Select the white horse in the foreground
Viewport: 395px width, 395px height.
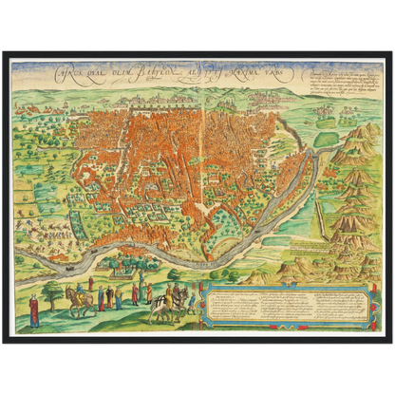[168, 306]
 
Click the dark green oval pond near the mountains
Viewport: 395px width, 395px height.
[326, 140]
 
